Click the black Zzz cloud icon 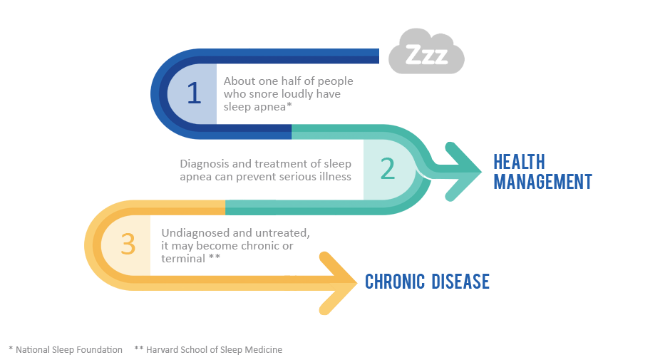(426, 51)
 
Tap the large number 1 (194, 93)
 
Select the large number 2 (387, 169)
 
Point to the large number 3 (128, 245)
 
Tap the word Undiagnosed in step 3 (195, 233)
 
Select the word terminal (182, 258)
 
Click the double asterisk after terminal (214, 257)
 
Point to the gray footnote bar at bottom (143, 351)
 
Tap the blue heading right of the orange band (427, 282)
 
